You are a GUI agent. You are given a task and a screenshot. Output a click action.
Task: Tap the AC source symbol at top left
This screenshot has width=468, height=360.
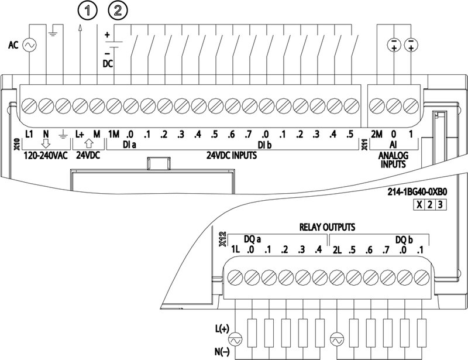click(29, 44)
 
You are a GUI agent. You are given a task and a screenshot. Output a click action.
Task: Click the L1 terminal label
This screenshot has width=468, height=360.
click(30, 133)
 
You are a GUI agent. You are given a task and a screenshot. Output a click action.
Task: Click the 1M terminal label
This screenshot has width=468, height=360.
click(113, 133)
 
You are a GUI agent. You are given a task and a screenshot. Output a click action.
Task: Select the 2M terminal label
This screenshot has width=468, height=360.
click(377, 133)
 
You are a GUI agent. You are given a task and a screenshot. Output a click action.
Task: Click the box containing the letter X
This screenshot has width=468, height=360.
click(418, 204)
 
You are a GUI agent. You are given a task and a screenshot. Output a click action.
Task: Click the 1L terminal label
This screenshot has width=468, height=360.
click(235, 251)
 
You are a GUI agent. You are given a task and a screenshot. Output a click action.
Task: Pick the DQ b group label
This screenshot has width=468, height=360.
click(404, 239)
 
